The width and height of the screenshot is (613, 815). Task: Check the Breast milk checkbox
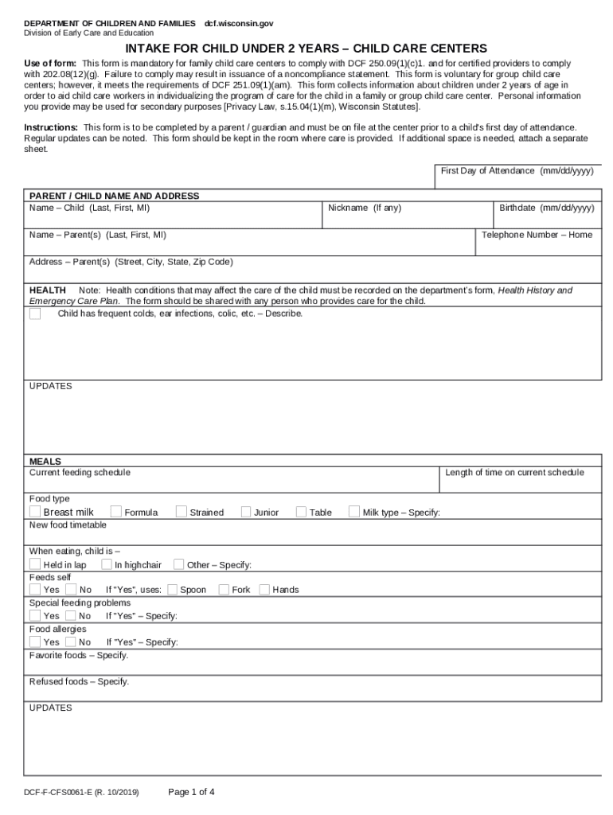pyautogui.click(x=35, y=512)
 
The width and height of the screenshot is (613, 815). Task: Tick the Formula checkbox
pyautogui.click(x=116, y=512)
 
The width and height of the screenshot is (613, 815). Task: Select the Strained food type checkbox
pyautogui.click(x=182, y=512)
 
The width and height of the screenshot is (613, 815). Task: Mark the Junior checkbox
pyautogui.click(x=246, y=512)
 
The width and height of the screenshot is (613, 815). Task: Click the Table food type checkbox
pyautogui.click(x=301, y=512)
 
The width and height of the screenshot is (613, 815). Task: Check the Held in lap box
pyautogui.click(x=35, y=564)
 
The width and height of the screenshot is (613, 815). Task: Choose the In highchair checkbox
pyautogui.click(x=107, y=564)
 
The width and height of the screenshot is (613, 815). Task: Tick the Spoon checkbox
pyautogui.click(x=172, y=590)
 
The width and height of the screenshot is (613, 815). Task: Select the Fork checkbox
pyautogui.click(x=224, y=590)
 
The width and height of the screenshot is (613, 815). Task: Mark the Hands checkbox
pyautogui.click(x=264, y=590)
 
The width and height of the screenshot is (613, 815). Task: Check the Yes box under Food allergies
pyautogui.click(x=35, y=641)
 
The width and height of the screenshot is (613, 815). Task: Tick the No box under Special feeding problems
pyautogui.click(x=71, y=615)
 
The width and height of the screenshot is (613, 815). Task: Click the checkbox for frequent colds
pyautogui.click(x=35, y=314)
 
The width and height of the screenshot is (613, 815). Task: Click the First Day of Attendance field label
pyautogui.click(x=517, y=171)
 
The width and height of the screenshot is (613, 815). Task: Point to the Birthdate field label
pyautogui.click(x=546, y=208)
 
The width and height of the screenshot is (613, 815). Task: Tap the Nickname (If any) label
pyautogui.click(x=365, y=208)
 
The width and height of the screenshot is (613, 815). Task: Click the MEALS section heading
pyautogui.click(x=45, y=462)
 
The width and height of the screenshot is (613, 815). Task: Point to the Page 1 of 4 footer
pyautogui.click(x=191, y=792)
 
